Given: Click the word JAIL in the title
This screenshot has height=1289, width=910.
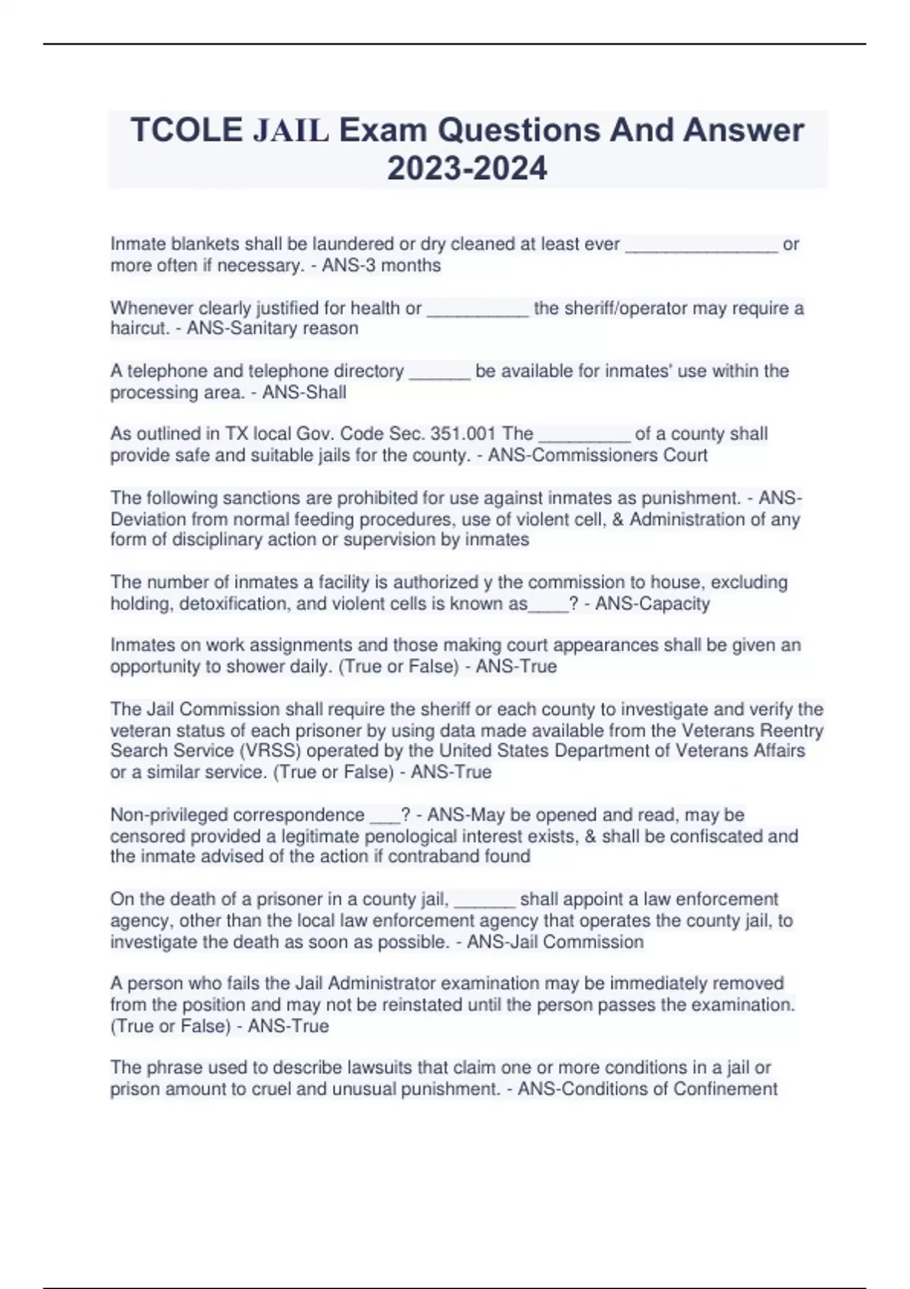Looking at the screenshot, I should [290, 130].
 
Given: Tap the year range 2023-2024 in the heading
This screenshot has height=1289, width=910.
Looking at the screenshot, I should [467, 168].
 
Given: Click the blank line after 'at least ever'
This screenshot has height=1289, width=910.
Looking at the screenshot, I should [701, 245].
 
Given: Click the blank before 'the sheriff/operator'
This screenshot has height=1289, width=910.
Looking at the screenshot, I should [478, 309].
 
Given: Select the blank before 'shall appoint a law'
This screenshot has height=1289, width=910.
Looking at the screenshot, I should [485, 900].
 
